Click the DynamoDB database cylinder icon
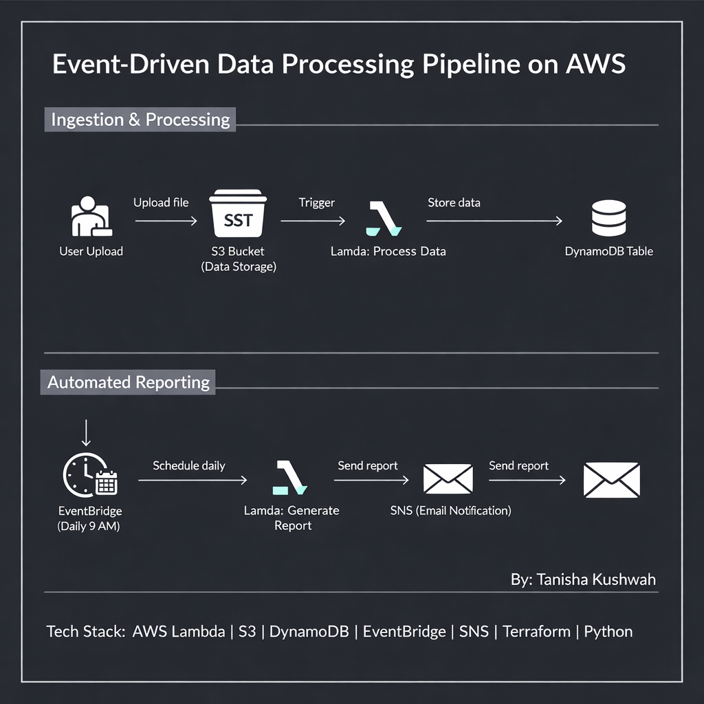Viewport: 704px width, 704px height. tap(608, 219)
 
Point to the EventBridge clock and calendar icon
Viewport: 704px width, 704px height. tap(90, 475)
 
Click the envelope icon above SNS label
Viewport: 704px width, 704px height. tap(448, 478)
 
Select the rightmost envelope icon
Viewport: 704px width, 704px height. tap(611, 479)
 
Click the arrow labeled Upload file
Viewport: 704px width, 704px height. tap(166, 221)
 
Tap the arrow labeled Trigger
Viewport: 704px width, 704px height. tap(313, 221)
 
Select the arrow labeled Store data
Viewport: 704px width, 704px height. tap(494, 221)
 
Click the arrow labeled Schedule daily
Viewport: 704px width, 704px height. tap(192, 481)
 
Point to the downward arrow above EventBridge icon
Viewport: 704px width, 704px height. tap(86, 433)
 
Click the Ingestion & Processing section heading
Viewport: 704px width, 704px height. tap(140, 119)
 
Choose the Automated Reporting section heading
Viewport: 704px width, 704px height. tap(129, 382)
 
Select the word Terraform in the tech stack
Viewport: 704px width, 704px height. tap(536, 631)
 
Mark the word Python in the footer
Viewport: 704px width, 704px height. tap(608, 631)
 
